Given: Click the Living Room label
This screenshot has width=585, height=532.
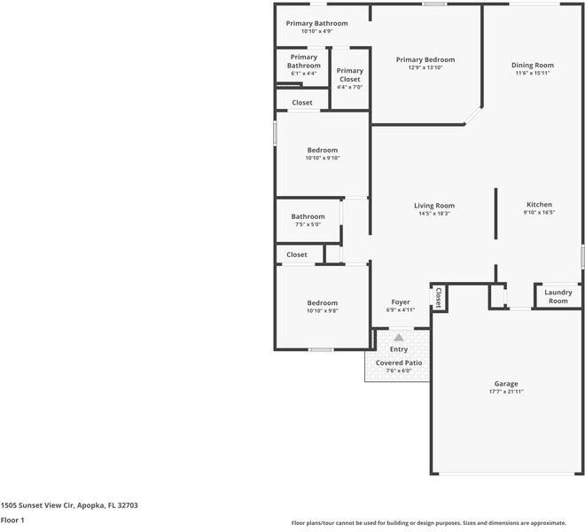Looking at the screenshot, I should click(x=434, y=206).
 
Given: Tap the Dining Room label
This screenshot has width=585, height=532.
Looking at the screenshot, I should click(x=533, y=65).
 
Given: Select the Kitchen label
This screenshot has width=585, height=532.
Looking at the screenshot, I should click(x=539, y=204).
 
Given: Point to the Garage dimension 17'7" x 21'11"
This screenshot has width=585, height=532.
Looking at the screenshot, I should click(x=506, y=391).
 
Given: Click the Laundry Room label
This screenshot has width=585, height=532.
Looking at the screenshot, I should click(x=558, y=296).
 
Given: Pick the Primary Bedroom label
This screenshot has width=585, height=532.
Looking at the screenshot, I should click(x=425, y=59).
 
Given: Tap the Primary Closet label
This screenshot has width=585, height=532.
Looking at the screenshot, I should click(x=349, y=74).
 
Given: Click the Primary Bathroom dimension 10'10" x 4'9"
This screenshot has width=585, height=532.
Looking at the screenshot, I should click(x=316, y=31).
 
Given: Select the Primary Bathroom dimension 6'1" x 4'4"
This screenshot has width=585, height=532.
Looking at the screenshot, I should click(x=303, y=73).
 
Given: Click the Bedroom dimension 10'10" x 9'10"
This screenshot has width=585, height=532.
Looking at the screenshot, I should click(x=323, y=158).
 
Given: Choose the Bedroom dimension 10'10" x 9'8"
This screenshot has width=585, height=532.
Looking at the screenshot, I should click(x=323, y=310).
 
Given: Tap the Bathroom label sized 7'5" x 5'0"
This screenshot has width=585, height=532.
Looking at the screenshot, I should click(x=308, y=216).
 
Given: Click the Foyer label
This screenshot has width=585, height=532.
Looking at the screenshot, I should click(x=401, y=302).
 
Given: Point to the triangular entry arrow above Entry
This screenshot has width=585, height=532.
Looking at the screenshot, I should click(x=399, y=337).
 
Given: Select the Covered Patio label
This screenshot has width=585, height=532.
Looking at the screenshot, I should click(x=399, y=363).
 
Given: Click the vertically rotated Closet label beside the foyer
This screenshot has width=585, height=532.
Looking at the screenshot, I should click(x=438, y=297).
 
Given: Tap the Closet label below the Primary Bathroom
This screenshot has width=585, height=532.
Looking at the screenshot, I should click(x=302, y=103).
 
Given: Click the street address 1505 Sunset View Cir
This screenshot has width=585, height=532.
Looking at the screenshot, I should click(x=69, y=505).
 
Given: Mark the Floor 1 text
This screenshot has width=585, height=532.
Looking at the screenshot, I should click(x=13, y=520).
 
